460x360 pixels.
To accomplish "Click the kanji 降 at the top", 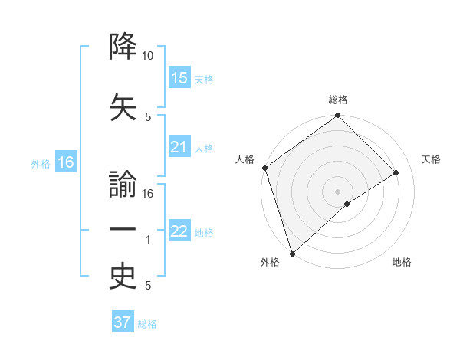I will pos(123,47).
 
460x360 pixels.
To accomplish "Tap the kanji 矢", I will pos(123,105).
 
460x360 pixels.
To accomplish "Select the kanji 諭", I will pos(123,185).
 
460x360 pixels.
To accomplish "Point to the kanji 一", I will pos(123,230).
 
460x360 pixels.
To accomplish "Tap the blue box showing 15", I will pos(179,78).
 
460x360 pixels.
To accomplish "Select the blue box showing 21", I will pos(179,147).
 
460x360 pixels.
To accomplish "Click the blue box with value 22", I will pos(179,231).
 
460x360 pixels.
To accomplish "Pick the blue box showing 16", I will pos(66,162).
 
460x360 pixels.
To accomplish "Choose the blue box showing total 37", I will pos(123,322).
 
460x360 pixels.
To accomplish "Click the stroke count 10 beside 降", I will pos(148,56).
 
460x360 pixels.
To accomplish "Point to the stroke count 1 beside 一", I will pos(149,241).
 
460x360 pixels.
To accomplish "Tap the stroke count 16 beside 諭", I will pos(148,194).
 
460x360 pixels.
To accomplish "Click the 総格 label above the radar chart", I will pos(338,100).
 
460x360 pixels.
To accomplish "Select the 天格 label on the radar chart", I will pos(431,159).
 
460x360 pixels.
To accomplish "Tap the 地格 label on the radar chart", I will pos(402,262).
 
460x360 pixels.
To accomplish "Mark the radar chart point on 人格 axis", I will pos(264,169).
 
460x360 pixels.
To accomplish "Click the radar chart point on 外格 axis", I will pos(292,253).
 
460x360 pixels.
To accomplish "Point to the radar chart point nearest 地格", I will pos(347,204).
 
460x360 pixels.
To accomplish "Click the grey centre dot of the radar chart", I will pos(337,191).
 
